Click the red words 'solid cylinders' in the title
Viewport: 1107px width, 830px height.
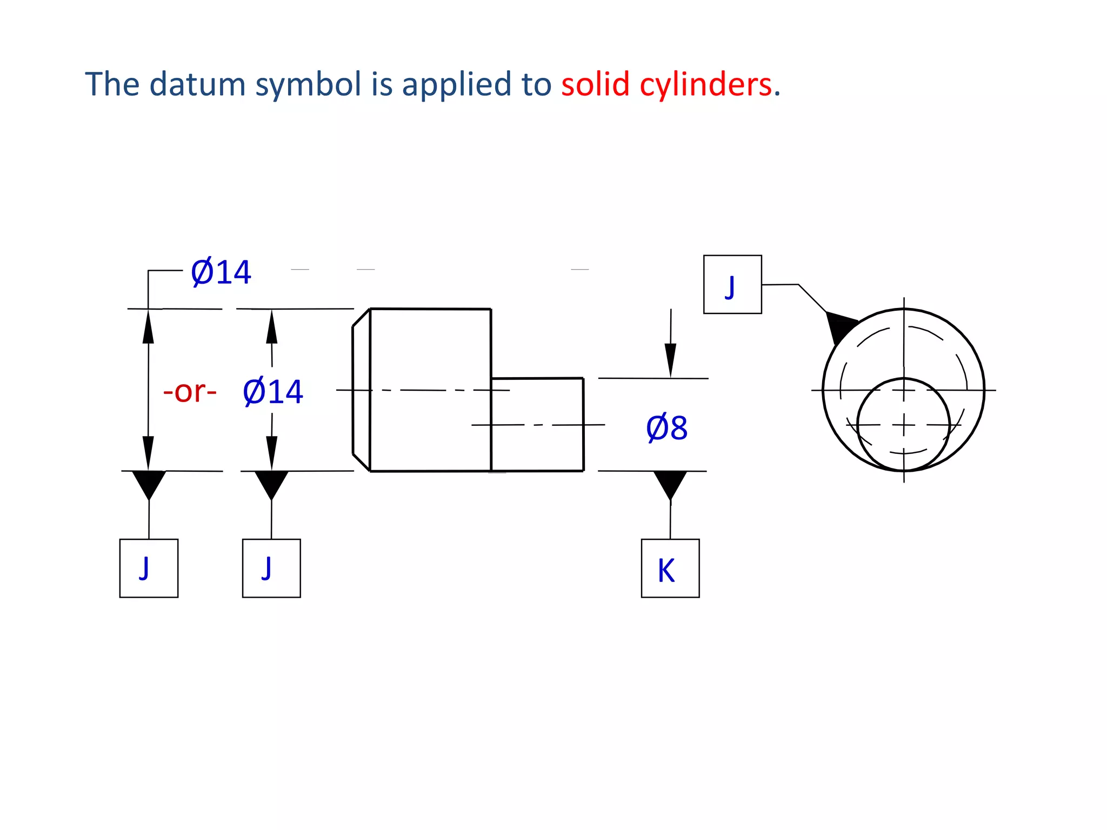click(666, 85)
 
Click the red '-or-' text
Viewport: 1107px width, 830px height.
click(190, 391)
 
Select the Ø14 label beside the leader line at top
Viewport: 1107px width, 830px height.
click(221, 272)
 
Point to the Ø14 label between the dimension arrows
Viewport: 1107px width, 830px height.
click(273, 392)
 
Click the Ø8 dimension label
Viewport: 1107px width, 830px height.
click(666, 428)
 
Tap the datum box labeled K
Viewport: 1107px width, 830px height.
click(670, 568)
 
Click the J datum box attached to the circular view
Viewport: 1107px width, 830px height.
click(732, 284)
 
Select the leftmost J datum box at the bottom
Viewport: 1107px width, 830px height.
click(149, 568)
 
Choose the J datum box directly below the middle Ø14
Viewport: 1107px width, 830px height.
click(271, 568)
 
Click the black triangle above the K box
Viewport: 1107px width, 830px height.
click(670, 483)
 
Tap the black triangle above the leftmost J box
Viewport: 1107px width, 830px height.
click(149, 483)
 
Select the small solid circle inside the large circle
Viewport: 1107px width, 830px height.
click(903, 424)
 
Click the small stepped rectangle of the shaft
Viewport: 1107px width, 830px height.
click(537, 424)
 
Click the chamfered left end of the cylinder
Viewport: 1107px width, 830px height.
click(361, 390)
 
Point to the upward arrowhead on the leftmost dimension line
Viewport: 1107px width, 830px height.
click(148, 327)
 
